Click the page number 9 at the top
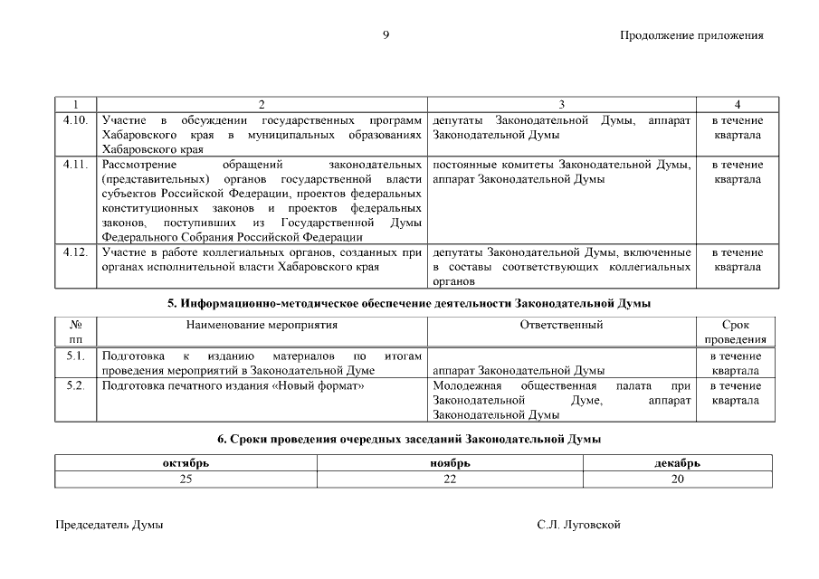point(386,35)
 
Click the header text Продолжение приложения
point(691,36)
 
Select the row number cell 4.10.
point(76,120)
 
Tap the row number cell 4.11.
point(76,165)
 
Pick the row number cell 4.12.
point(76,252)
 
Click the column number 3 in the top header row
point(561,105)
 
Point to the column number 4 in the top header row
point(737,105)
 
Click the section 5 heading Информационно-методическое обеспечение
point(409,303)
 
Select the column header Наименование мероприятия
point(262,324)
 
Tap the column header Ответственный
point(561,324)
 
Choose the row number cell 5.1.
point(76,356)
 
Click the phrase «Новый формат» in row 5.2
point(319,386)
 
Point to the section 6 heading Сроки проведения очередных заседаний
point(409,439)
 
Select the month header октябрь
point(186,463)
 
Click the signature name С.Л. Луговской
point(578,525)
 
